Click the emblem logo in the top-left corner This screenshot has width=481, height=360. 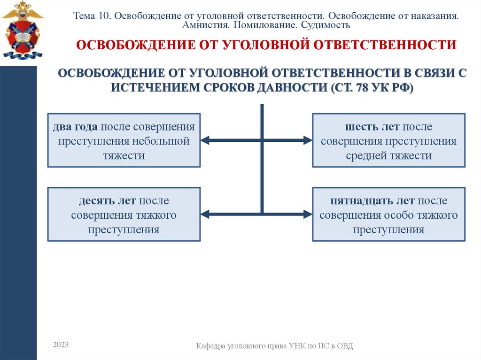coord(22,30)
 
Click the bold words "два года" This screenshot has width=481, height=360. coord(75,127)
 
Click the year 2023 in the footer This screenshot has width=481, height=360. coord(61,345)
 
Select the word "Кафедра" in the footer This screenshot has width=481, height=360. coord(211,346)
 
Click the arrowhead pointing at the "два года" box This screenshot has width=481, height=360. coord(205,140)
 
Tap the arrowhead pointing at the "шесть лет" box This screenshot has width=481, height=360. coord(308,140)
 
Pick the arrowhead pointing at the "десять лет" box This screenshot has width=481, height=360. coord(205,214)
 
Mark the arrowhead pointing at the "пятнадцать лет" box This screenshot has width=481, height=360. coord(308,214)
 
